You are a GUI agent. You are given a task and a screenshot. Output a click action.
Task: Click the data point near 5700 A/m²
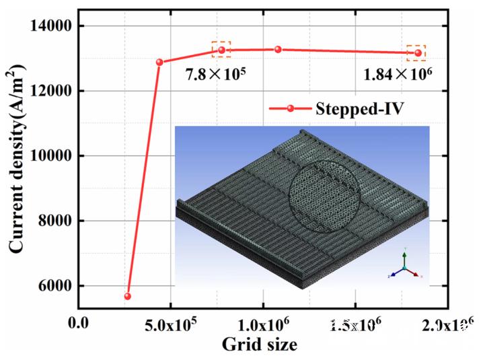click(x=127, y=296)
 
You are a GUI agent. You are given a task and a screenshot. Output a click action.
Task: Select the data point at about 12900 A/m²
click(x=159, y=62)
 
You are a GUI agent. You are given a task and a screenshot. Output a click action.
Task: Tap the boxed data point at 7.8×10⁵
click(x=221, y=50)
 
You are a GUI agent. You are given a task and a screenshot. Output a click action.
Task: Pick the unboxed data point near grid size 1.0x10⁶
click(x=278, y=49)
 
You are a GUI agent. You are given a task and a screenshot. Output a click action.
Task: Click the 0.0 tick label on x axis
click(x=79, y=325)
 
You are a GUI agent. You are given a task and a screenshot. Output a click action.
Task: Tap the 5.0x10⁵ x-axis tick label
click(x=170, y=325)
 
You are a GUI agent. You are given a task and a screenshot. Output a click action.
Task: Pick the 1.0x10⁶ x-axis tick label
click(x=262, y=325)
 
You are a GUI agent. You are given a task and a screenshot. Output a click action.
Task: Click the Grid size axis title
click(x=259, y=345)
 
